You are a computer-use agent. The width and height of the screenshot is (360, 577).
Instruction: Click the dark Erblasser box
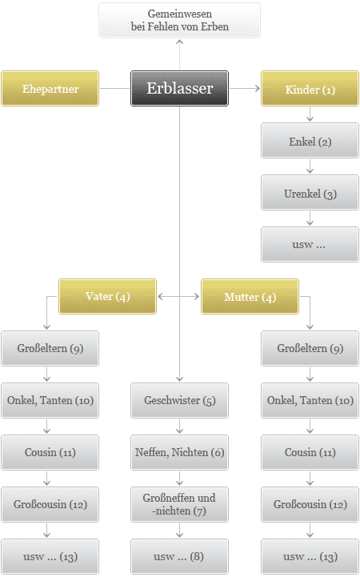[179, 88]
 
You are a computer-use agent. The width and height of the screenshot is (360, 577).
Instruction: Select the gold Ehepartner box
[50, 88]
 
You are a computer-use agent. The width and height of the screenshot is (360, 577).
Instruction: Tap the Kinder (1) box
[310, 88]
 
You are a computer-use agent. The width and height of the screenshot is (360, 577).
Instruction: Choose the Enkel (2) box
[310, 141]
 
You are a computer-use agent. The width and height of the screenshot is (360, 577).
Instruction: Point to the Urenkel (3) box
[310, 192]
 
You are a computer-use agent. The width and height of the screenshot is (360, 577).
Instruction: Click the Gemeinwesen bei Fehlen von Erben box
[179, 20]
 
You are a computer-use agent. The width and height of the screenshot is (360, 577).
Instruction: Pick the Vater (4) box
[107, 296]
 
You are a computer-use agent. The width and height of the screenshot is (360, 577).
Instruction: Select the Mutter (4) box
[250, 296]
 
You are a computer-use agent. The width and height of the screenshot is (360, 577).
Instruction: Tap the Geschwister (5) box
[179, 400]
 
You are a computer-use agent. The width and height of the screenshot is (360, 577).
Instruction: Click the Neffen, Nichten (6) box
[179, 452]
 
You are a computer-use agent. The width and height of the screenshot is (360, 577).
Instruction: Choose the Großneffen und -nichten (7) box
[179, 504]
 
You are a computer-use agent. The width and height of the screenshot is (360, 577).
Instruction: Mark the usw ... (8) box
[179, 556]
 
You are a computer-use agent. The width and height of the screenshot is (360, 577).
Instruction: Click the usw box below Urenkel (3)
[310, 244]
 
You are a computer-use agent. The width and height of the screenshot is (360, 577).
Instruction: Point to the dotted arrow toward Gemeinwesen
[179, 54]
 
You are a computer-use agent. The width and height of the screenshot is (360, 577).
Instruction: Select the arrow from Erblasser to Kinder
[245, 88]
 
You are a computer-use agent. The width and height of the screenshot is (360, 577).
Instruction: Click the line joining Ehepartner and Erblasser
[114, 88]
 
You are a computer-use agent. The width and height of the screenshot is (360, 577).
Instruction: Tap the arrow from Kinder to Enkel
[310, 114]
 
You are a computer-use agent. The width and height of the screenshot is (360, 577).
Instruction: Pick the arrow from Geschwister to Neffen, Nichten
[179, 427]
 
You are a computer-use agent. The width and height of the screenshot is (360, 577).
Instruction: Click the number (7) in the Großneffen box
[200, 511]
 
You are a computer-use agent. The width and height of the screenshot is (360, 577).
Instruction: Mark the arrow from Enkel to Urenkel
[310, 166]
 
